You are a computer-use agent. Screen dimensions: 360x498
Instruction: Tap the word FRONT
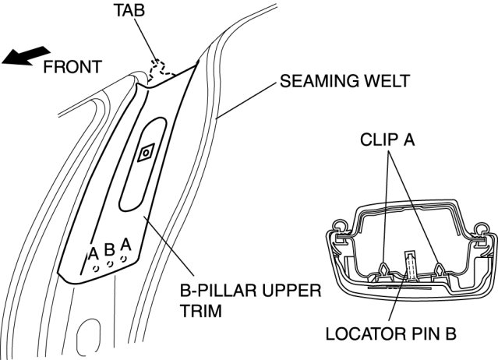[72, 67]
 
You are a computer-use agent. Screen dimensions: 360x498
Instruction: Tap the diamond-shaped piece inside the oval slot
[146, 154]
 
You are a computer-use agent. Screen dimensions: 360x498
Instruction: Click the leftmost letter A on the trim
[93, 252]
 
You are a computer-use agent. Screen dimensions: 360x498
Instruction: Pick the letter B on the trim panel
[109, 249]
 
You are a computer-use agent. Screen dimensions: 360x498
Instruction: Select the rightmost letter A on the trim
[125, 245]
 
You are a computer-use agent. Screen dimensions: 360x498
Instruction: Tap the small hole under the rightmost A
[124, 259]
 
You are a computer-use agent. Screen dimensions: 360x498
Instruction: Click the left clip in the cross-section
[386, 269]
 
